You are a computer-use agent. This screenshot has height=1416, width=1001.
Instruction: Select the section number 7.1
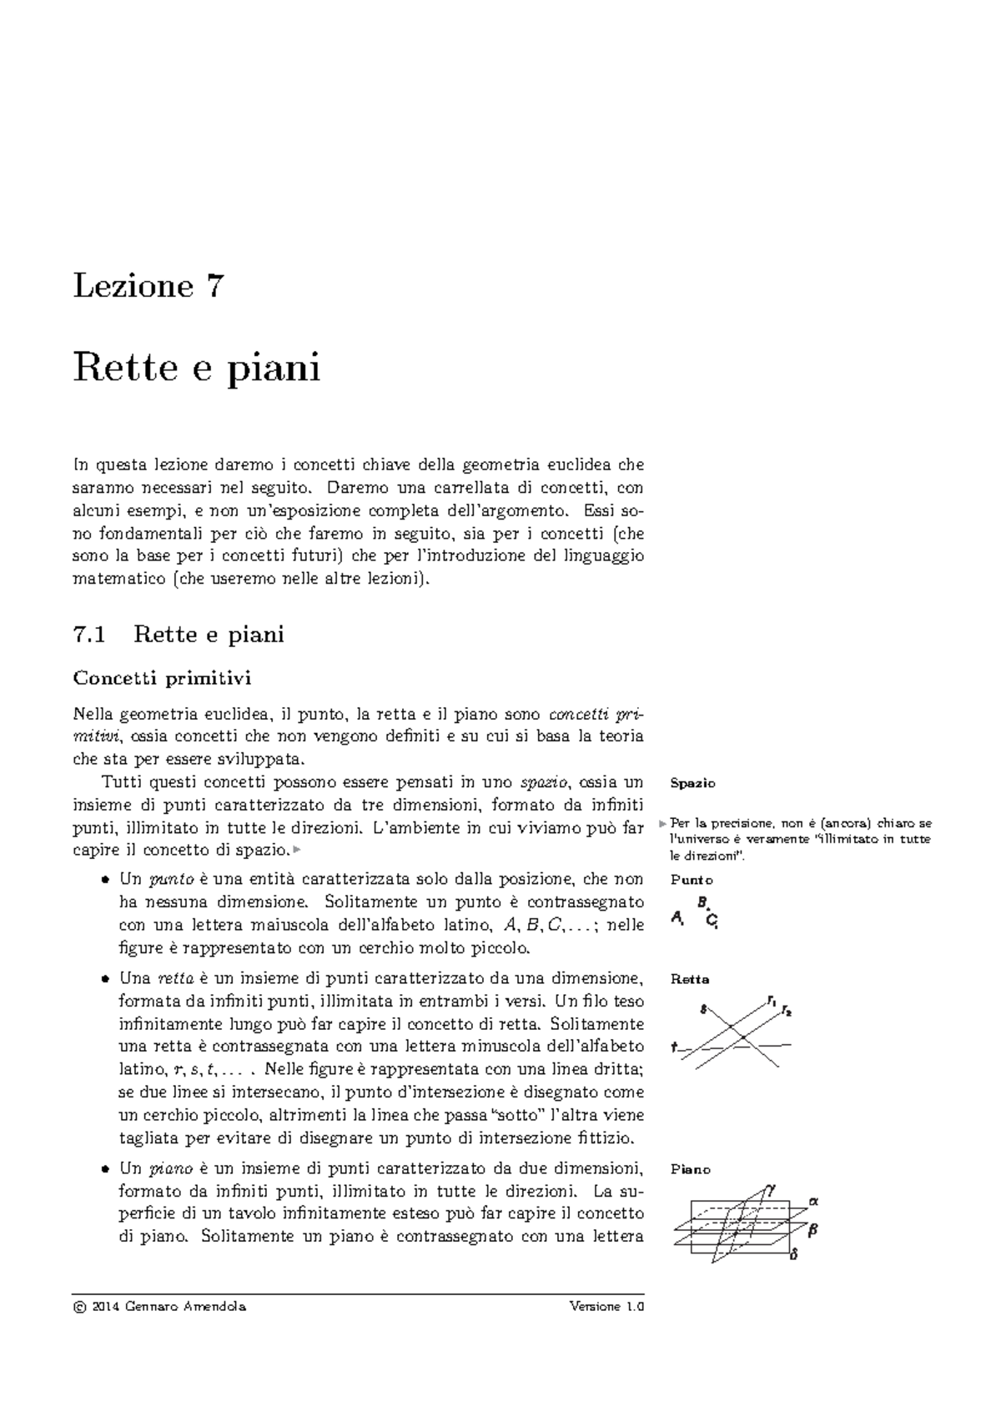[x=90, y=635]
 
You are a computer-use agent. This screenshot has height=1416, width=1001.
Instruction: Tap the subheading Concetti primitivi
[x=162, y=678]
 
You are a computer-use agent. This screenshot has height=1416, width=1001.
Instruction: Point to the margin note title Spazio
[x=692, y=783]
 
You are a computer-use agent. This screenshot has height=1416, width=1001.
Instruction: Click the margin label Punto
[x=692, y=880]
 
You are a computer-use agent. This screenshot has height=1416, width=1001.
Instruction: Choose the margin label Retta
[x=690, y=979]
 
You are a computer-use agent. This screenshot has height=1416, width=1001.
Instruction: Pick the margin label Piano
[x=691, y=1169]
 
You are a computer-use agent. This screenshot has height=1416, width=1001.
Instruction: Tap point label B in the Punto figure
[x=702, y=901]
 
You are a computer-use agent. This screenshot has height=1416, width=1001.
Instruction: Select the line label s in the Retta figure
[x=704, y=1008]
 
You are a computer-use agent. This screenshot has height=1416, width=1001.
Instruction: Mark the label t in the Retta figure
[x=673, y=1046]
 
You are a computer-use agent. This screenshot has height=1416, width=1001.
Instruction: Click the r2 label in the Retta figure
[x=787, y=1012]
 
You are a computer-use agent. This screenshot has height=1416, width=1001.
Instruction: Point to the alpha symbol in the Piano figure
[x=814, y=1201]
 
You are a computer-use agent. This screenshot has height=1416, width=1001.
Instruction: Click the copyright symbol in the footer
[x=79, y=1307]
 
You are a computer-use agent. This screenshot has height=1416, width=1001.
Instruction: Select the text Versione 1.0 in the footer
[x=607, y=1307]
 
